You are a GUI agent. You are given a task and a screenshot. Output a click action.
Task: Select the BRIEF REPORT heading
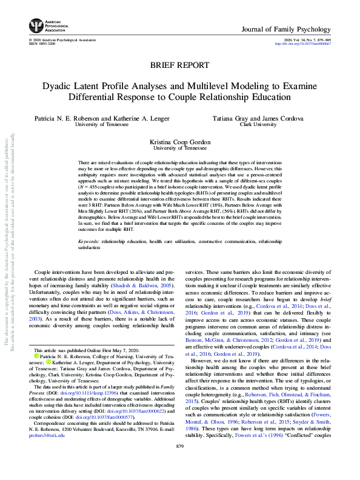click(x=179, y=65)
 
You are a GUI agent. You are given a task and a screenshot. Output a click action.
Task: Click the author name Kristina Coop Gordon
click(x=179, y=141)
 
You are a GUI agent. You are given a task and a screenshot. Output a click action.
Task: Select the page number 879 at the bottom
click(x=180, y=464)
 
